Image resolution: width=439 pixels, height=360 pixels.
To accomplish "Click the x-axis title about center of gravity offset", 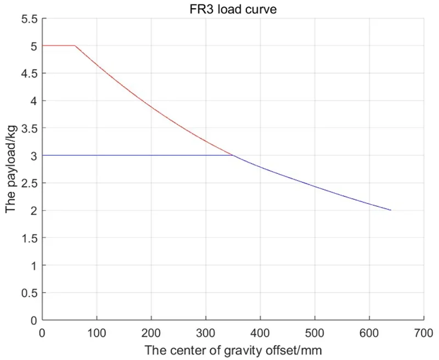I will click(233, 349).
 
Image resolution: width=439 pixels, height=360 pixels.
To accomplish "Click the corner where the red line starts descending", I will click(75, 46).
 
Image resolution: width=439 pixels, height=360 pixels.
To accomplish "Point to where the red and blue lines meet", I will click(233, 155).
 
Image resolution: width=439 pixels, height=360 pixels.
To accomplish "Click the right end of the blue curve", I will click(391, 210).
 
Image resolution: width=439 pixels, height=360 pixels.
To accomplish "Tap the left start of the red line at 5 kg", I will click(43, 46).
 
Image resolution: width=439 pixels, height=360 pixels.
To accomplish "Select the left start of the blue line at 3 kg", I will click(43, 155).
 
